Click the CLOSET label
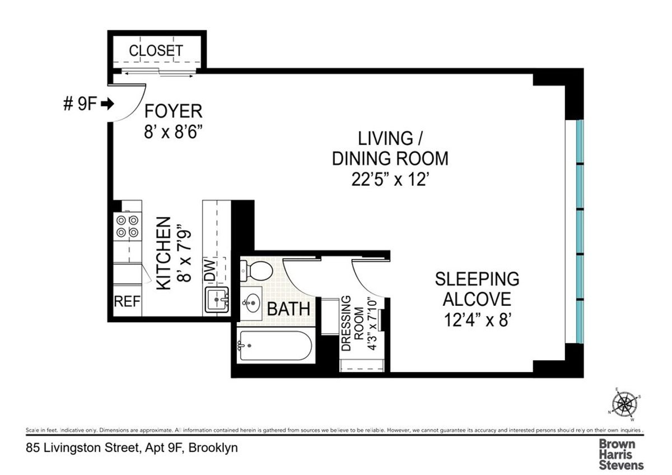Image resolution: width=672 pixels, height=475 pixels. (155, 50)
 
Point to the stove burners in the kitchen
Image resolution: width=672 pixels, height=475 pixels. (127, 226)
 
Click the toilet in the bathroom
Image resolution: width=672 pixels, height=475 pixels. (256, 271)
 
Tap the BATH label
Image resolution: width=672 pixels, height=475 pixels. (288, 309)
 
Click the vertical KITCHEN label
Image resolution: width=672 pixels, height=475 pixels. (163, 254)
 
